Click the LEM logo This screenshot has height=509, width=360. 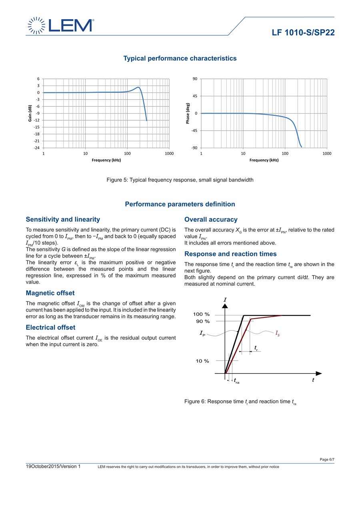point(60,25)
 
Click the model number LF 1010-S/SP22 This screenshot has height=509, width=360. point(303,33)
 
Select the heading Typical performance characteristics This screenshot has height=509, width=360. point(180,58)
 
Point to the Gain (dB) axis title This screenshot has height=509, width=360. point(30,113)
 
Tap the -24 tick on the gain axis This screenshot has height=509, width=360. point(36,148)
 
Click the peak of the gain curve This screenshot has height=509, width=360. point(138,87)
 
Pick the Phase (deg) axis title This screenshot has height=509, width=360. point(188,113)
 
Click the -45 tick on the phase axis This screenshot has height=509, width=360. point(194,131)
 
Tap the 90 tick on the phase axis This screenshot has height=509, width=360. point(195,79)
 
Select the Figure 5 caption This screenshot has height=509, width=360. point(180,180)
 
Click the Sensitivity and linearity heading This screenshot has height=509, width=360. point(63,220)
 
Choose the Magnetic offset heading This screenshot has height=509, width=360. point(50,293)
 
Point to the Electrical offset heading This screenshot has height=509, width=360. point(50,327)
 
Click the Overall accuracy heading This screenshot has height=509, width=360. point(211,220)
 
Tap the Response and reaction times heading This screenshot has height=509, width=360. point(230,254)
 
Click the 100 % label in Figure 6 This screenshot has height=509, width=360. point(202,314)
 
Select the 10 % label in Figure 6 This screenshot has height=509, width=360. point(202,361)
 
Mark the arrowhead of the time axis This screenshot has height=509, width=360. point(319,373)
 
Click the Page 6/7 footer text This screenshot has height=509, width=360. point(327,459)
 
